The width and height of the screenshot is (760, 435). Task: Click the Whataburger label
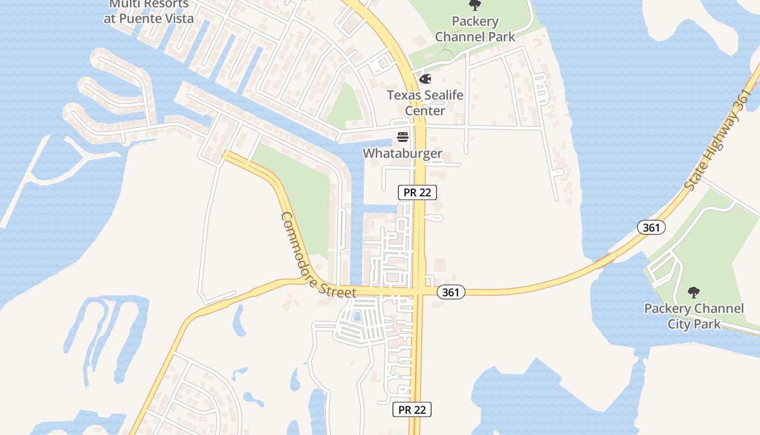pos(402,153)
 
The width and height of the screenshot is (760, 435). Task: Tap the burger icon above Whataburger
pos(402,136)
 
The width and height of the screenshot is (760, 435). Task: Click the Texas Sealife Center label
pos(425,103)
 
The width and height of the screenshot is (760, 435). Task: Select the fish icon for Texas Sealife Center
pos(425,79)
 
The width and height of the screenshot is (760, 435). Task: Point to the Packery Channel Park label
pos(475,29)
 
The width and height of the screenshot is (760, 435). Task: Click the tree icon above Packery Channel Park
pos(475,5)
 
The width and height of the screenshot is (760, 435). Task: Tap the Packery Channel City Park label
pos(694,316)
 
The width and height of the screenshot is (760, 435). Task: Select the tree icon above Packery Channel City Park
pos(694,293)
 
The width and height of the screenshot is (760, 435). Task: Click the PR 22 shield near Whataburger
pos(417,192)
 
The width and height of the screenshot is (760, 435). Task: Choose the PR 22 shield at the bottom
pos(412,409)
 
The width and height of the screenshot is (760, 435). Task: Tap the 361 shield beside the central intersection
pos(451,293)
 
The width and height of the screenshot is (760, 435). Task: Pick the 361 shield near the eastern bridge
pos(651,227)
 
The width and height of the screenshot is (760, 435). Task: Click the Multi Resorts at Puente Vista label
pos(149,11)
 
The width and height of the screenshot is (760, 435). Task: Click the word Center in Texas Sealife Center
pos(425,111)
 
